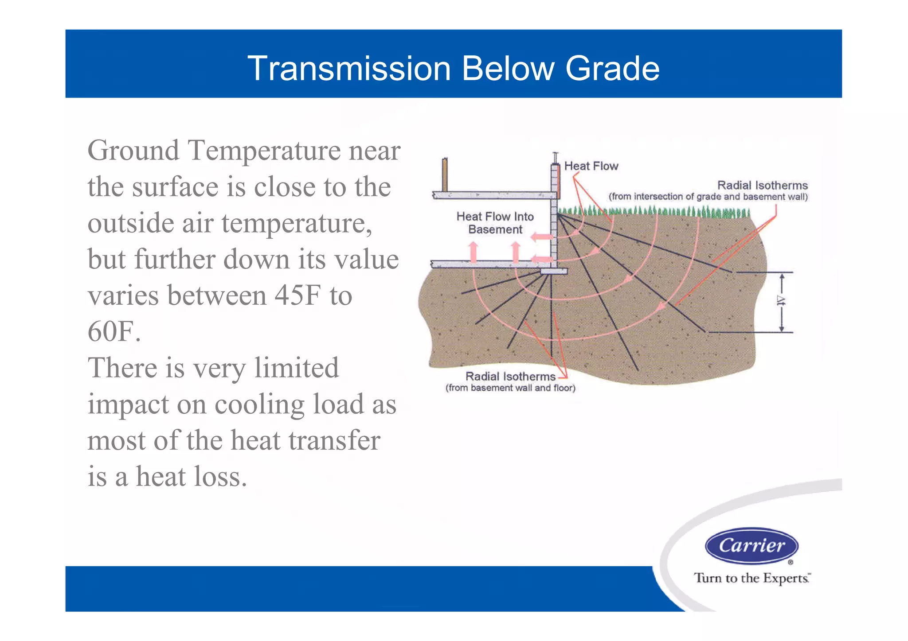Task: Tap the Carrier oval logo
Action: point(751,545)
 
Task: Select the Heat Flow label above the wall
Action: point(591,166)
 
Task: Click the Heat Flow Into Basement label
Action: point(495,223)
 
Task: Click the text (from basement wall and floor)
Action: point(510,388)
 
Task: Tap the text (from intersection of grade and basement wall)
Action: point(708,197)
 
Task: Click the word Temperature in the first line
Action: point(265,151)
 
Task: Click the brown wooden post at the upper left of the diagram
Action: point(445,175)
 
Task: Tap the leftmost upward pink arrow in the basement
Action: point(474,252)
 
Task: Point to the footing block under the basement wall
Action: point(554,271)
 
